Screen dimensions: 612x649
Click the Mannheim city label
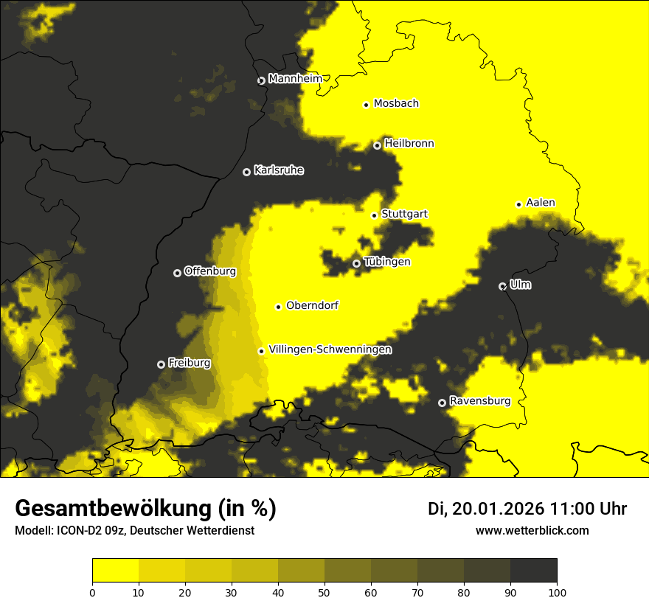[x=296, y=79]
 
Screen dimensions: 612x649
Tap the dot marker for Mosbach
[x=366, y=105]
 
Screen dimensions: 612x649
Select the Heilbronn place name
[x=409, y=144]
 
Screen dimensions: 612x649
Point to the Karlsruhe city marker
[x=246, y=172]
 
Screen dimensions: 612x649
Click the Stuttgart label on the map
[x=404, y=215]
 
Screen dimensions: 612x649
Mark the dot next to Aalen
[x=518, y=204]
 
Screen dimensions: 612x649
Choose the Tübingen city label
[x=387, y=262]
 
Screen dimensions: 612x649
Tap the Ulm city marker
[x=502, y=286]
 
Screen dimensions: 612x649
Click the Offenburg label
[x=210, y=271]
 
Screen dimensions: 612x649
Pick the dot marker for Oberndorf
[x=278, y=307]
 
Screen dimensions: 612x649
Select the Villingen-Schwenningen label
[x=330, y=350]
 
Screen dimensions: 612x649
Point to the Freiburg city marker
[x=161, y=364]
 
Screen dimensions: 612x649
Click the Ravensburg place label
[x=479, y=401]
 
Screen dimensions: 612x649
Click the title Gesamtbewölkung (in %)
[x=145, y=509]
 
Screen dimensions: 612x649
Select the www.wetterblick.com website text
[x=532, y=530]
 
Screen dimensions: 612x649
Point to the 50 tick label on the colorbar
[x=324, y=591]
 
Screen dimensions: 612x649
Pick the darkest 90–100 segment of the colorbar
[x=533, y=571]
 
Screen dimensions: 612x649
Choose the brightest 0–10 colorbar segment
[x=116, y=571]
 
